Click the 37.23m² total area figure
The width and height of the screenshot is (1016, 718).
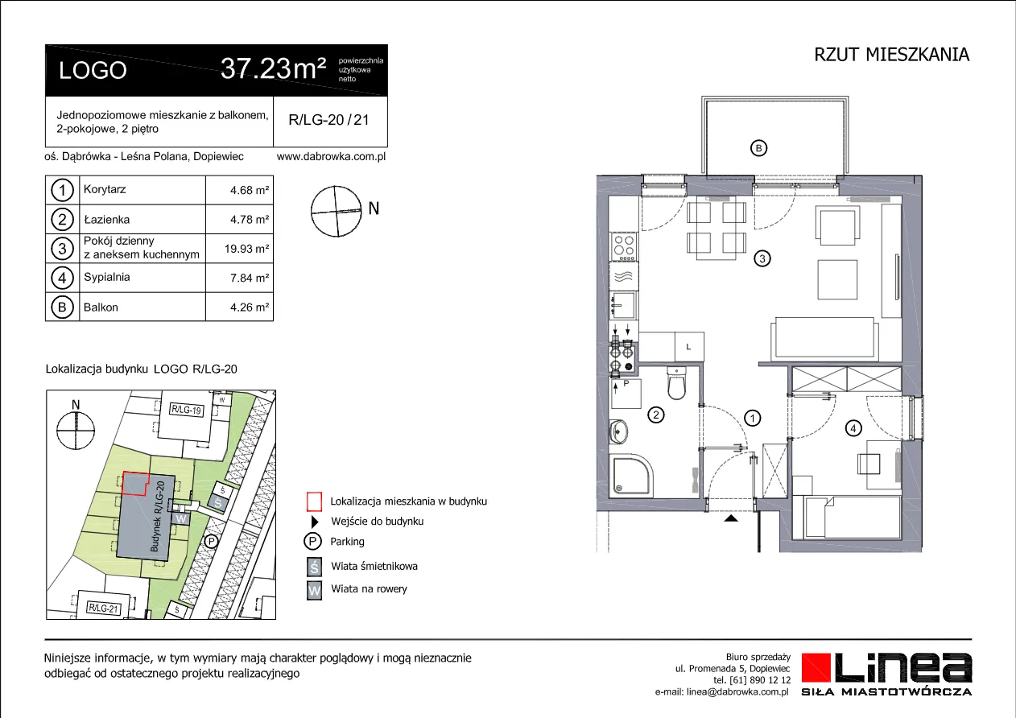pos(273,69)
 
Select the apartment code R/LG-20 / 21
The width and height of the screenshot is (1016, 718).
pos(328,120)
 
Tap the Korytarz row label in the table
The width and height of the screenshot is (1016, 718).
pos(105,189)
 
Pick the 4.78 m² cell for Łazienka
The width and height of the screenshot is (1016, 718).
pos(250,220)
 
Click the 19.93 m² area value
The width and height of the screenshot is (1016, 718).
pos(246,249)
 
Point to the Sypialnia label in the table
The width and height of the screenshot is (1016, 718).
pos(106,277)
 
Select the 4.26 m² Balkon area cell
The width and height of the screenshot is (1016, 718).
pos(250,307)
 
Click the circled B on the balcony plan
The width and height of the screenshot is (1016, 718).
pos(759,148)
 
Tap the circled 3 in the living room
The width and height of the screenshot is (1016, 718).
pos(762,258)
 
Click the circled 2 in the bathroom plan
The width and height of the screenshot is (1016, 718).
pos(656,415)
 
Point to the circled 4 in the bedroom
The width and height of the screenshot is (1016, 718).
pos(853,428)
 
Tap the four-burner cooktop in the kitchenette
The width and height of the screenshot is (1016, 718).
pos(624,247)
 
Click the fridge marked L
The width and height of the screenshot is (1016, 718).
pos(689,347)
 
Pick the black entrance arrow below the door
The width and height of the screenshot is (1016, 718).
pos(731,518)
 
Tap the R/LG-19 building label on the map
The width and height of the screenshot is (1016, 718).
pos(187,410)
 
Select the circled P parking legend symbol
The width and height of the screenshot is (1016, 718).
pos(312,541)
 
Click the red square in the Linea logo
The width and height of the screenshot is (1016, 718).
pos(816,667)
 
